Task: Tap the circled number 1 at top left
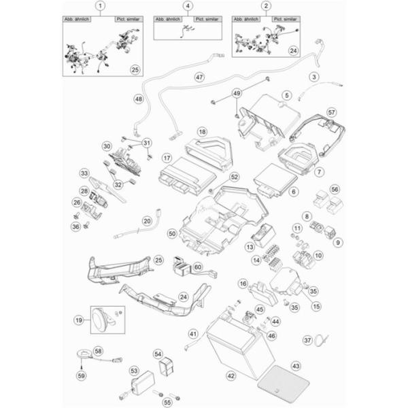(101, 7)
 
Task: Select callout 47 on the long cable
(180, 77)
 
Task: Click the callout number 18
(182, 131)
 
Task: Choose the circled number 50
(172, 233)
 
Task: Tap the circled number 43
(294, 366)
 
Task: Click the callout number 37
(307, 339)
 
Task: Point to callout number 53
(133, 371)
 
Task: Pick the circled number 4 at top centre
(188, 7)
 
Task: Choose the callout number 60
(198, 267)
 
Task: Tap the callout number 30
(106, 146)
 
